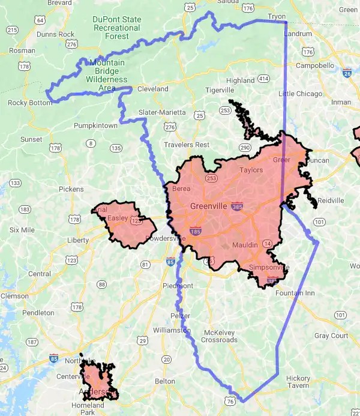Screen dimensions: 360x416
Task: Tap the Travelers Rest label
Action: coord(187,145)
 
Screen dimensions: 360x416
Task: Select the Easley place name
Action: coord(118,218)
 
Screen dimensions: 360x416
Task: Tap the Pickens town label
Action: coord(71,188)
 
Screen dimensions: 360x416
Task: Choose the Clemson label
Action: coord(14,296)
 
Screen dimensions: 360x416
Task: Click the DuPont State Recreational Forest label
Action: coord(118,28)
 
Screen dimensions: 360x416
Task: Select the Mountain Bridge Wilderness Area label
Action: coord(107,75)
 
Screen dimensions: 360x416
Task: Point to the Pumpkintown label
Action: coord(95,125)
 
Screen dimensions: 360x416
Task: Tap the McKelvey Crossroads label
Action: coord(221,336)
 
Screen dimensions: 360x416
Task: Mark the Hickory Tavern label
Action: coord(298,382)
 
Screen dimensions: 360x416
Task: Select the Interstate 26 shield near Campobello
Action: coord(347,73)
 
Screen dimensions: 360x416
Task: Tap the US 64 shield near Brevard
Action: coord(40,20)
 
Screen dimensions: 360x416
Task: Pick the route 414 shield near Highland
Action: coord(263,79)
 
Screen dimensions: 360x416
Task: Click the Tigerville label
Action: coord(220,90)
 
